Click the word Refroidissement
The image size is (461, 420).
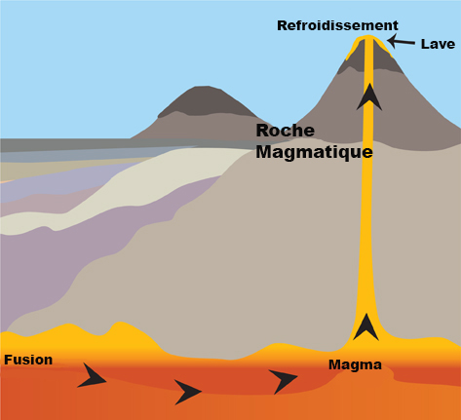(x=337, y=25)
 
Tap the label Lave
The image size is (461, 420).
(x=438, y=44)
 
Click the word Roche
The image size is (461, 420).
(x=286, y=131)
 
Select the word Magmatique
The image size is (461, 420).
(x=314, y=152)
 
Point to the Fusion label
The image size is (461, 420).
(x=28, y=360)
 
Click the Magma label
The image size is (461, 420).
(x=355, y=364)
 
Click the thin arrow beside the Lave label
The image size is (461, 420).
(x=402, y=42)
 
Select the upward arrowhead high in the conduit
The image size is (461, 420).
(x=369, y=96)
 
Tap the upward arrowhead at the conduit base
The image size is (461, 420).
(x=366, y=326)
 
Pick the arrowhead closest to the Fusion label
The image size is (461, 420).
(x=92, y=375)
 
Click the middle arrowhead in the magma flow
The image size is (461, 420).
(x=188, y=392)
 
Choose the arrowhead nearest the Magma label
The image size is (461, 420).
(x=283, y=381)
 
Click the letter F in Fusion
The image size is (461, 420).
(x=8, y=360)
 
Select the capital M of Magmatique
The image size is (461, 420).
(x=263, y=151)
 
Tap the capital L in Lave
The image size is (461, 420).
(x=425, y=44)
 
